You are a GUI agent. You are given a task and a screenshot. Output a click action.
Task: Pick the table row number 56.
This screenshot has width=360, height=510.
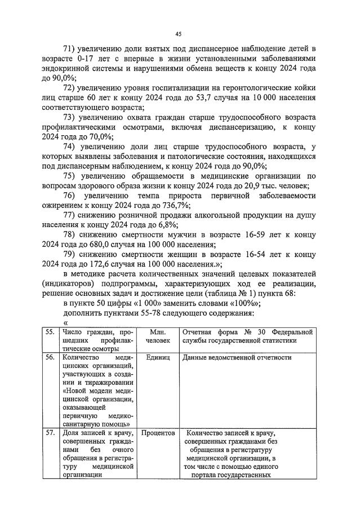coord(51,357)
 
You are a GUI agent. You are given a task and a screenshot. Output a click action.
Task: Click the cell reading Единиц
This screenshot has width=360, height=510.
coord(156,358)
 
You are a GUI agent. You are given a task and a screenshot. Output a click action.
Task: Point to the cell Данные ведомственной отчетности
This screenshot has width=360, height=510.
coord(237,358)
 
